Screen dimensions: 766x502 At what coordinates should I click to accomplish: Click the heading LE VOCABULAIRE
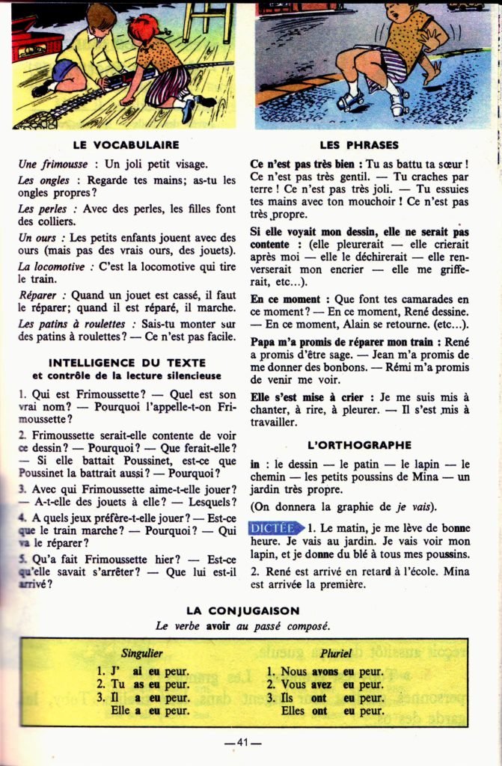126,145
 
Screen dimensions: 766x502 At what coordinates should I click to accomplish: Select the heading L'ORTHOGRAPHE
360,444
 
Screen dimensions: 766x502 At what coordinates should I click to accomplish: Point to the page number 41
242,742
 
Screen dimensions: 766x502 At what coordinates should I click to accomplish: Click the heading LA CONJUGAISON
242,610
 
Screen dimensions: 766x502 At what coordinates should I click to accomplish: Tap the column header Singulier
142,653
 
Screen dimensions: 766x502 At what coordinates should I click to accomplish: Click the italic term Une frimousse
49,164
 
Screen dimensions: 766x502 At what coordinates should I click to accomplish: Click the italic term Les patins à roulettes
72,324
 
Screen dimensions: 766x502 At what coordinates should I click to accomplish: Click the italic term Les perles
42,209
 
